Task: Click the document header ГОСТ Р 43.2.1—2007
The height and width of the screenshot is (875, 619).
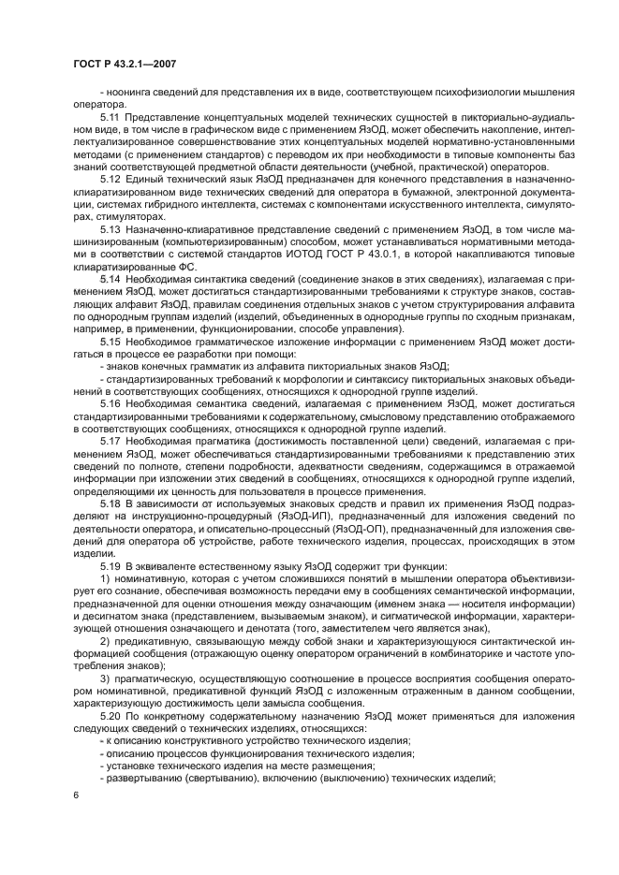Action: [x=124, y=63]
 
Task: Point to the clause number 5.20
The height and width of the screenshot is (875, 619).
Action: [x=111, y=714]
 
